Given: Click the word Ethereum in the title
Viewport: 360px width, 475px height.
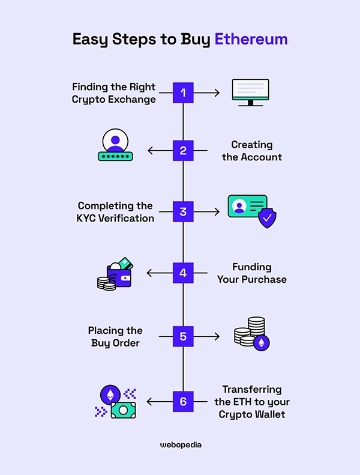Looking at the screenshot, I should [251, 39].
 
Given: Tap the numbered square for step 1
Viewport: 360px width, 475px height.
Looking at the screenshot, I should [183, 92].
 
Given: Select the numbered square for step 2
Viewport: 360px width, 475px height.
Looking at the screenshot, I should [183, 151].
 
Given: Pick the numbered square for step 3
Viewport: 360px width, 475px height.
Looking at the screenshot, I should [183, 212].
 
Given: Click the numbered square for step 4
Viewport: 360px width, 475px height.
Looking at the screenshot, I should [183, 273].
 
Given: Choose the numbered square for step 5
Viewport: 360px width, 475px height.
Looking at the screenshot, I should [183, 336].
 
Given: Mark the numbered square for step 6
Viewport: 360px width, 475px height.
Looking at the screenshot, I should [183, 401].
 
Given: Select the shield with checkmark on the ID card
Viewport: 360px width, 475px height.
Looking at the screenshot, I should [266, 219].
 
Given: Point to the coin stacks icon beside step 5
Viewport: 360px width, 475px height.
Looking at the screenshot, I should [251, 334].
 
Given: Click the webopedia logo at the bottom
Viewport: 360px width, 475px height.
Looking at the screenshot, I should [181, 445].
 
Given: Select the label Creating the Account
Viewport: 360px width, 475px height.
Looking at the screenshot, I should [251, 151].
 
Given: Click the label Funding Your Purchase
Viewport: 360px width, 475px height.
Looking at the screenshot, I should [251, 273].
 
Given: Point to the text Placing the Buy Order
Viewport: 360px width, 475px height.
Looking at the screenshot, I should [115, 336].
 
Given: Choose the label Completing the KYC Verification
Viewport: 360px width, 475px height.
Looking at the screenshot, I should [115, 212].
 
